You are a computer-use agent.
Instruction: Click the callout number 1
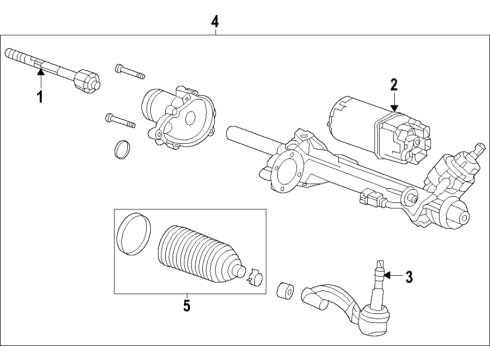[x=40, y=97]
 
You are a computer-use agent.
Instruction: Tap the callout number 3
[x=407, y=275]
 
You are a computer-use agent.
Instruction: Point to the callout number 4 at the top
[x=215, y=19]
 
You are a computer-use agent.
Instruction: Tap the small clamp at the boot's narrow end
[x=254, y=272]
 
